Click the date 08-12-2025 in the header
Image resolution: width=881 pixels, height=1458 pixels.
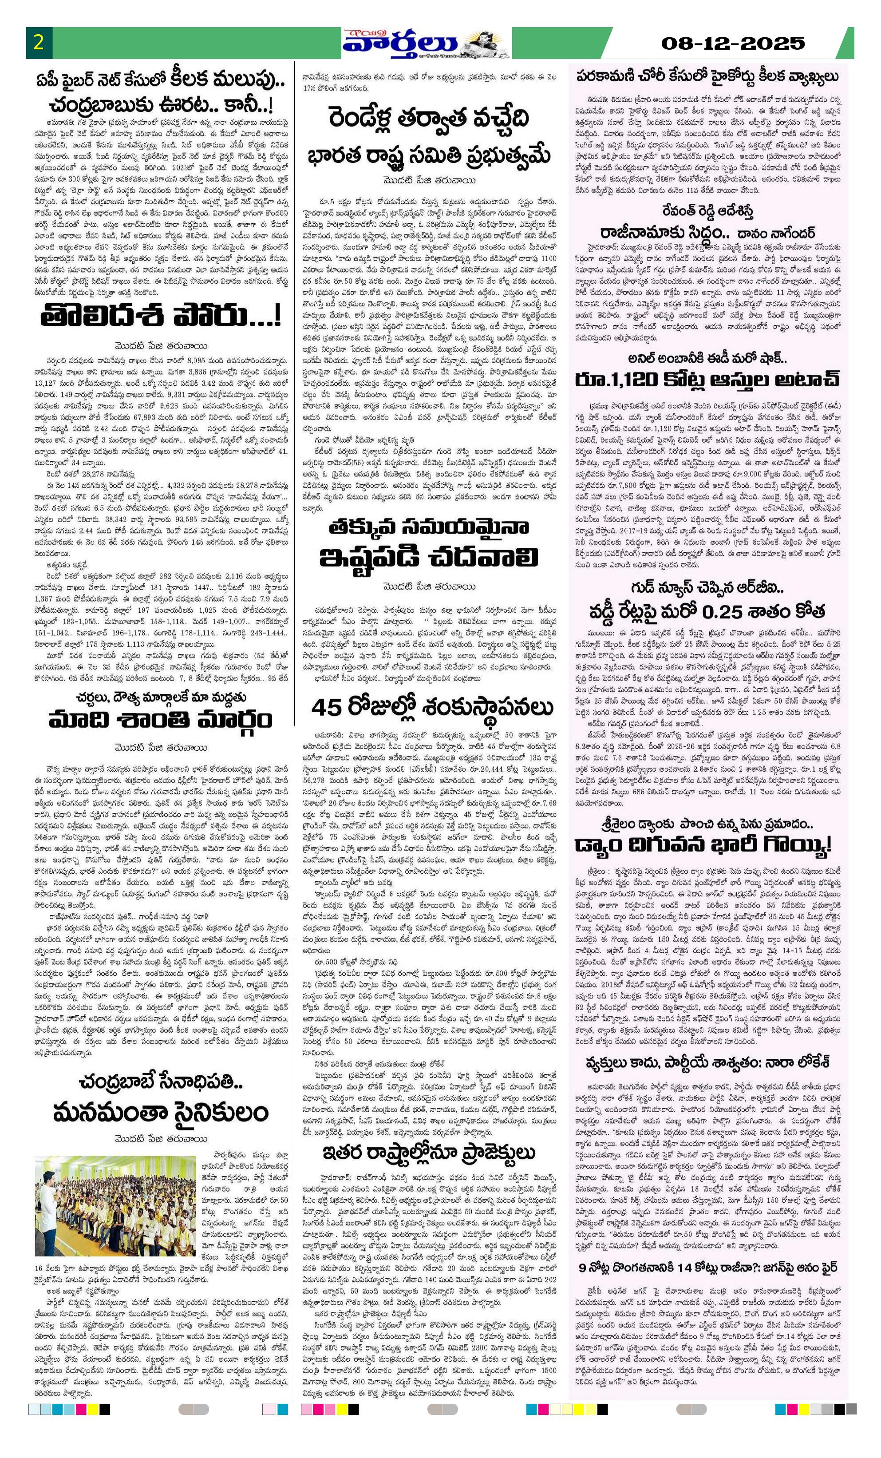[x=733, y=43]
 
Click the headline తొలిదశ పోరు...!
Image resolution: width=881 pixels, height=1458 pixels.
[x=160, y=317]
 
